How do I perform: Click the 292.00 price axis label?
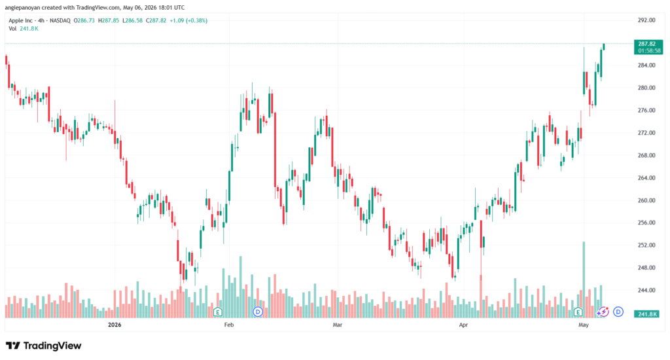(x=646, y=20)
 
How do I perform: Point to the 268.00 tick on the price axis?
(x=646, y=155)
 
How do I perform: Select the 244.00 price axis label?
(x=646, y=291)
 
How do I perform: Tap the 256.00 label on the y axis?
(x=646, y=223)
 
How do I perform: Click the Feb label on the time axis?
(x=229, y=325)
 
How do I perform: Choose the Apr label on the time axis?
(x=463, y=325)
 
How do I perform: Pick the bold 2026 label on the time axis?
(x=115, y=325)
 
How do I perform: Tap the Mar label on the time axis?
(x=338, y=325)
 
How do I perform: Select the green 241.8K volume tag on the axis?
(x=647, y=314)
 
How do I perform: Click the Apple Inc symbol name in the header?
(x=20, y=20)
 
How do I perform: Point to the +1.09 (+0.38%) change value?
(x=188, y=20)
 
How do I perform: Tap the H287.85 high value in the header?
(x=109, y=20)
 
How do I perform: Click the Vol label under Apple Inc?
(x=13, y=29)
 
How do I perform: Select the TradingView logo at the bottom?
(x=43, y=346)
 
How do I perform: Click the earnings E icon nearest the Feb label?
(x=217, y=312)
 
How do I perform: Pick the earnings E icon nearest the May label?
(x=578, y=312)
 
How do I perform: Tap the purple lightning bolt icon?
(x=603, y=312)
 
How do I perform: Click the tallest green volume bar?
(x=584, y=279)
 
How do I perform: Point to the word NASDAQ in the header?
(x=60, y=20)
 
